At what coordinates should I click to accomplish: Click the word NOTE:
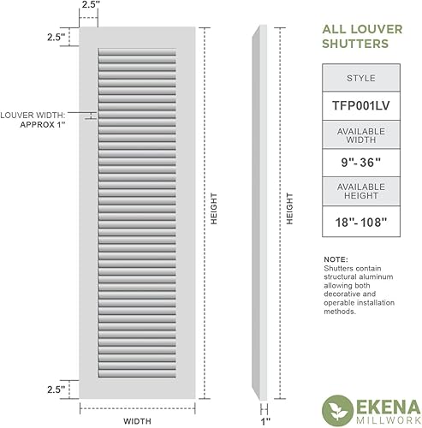point(336,259)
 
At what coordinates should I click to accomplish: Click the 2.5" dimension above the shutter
point(89,6)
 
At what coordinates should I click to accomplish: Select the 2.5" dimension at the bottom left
point(56,389)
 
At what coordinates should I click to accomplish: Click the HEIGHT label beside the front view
point(214,211)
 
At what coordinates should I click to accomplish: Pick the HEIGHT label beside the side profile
point(289,211)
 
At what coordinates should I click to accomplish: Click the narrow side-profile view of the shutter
point(262,214)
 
